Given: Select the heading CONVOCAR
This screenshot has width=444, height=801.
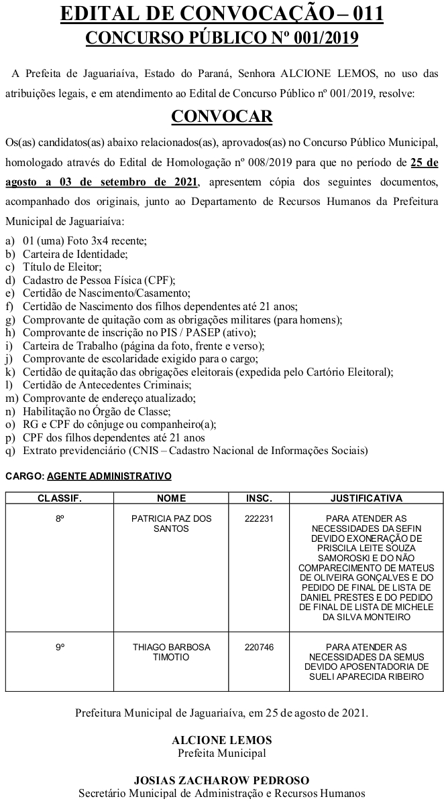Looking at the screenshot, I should tap(222, 117).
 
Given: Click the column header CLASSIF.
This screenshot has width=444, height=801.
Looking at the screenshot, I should tap(59, 498).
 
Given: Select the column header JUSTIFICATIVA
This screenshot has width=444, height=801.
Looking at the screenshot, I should tap(366, 498).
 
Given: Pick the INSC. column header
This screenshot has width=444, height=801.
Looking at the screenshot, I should tap(259, 498).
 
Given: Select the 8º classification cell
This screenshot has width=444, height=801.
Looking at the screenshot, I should tap(60, 518).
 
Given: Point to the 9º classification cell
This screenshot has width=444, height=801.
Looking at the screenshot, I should tap(60, 647).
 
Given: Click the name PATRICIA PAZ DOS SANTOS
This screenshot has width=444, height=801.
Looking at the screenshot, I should tap(171, 523).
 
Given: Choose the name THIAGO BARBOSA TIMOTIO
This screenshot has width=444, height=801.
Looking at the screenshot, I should tap(171, 652).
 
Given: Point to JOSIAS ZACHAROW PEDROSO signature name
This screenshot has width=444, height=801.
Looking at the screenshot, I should tap(221, 780).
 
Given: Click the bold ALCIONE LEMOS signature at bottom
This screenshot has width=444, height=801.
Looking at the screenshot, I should tap(221, 740).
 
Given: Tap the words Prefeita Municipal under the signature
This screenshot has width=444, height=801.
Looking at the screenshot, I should tap(221, 752).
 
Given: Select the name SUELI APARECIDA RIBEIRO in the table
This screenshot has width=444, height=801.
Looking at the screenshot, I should tap(366, 676).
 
